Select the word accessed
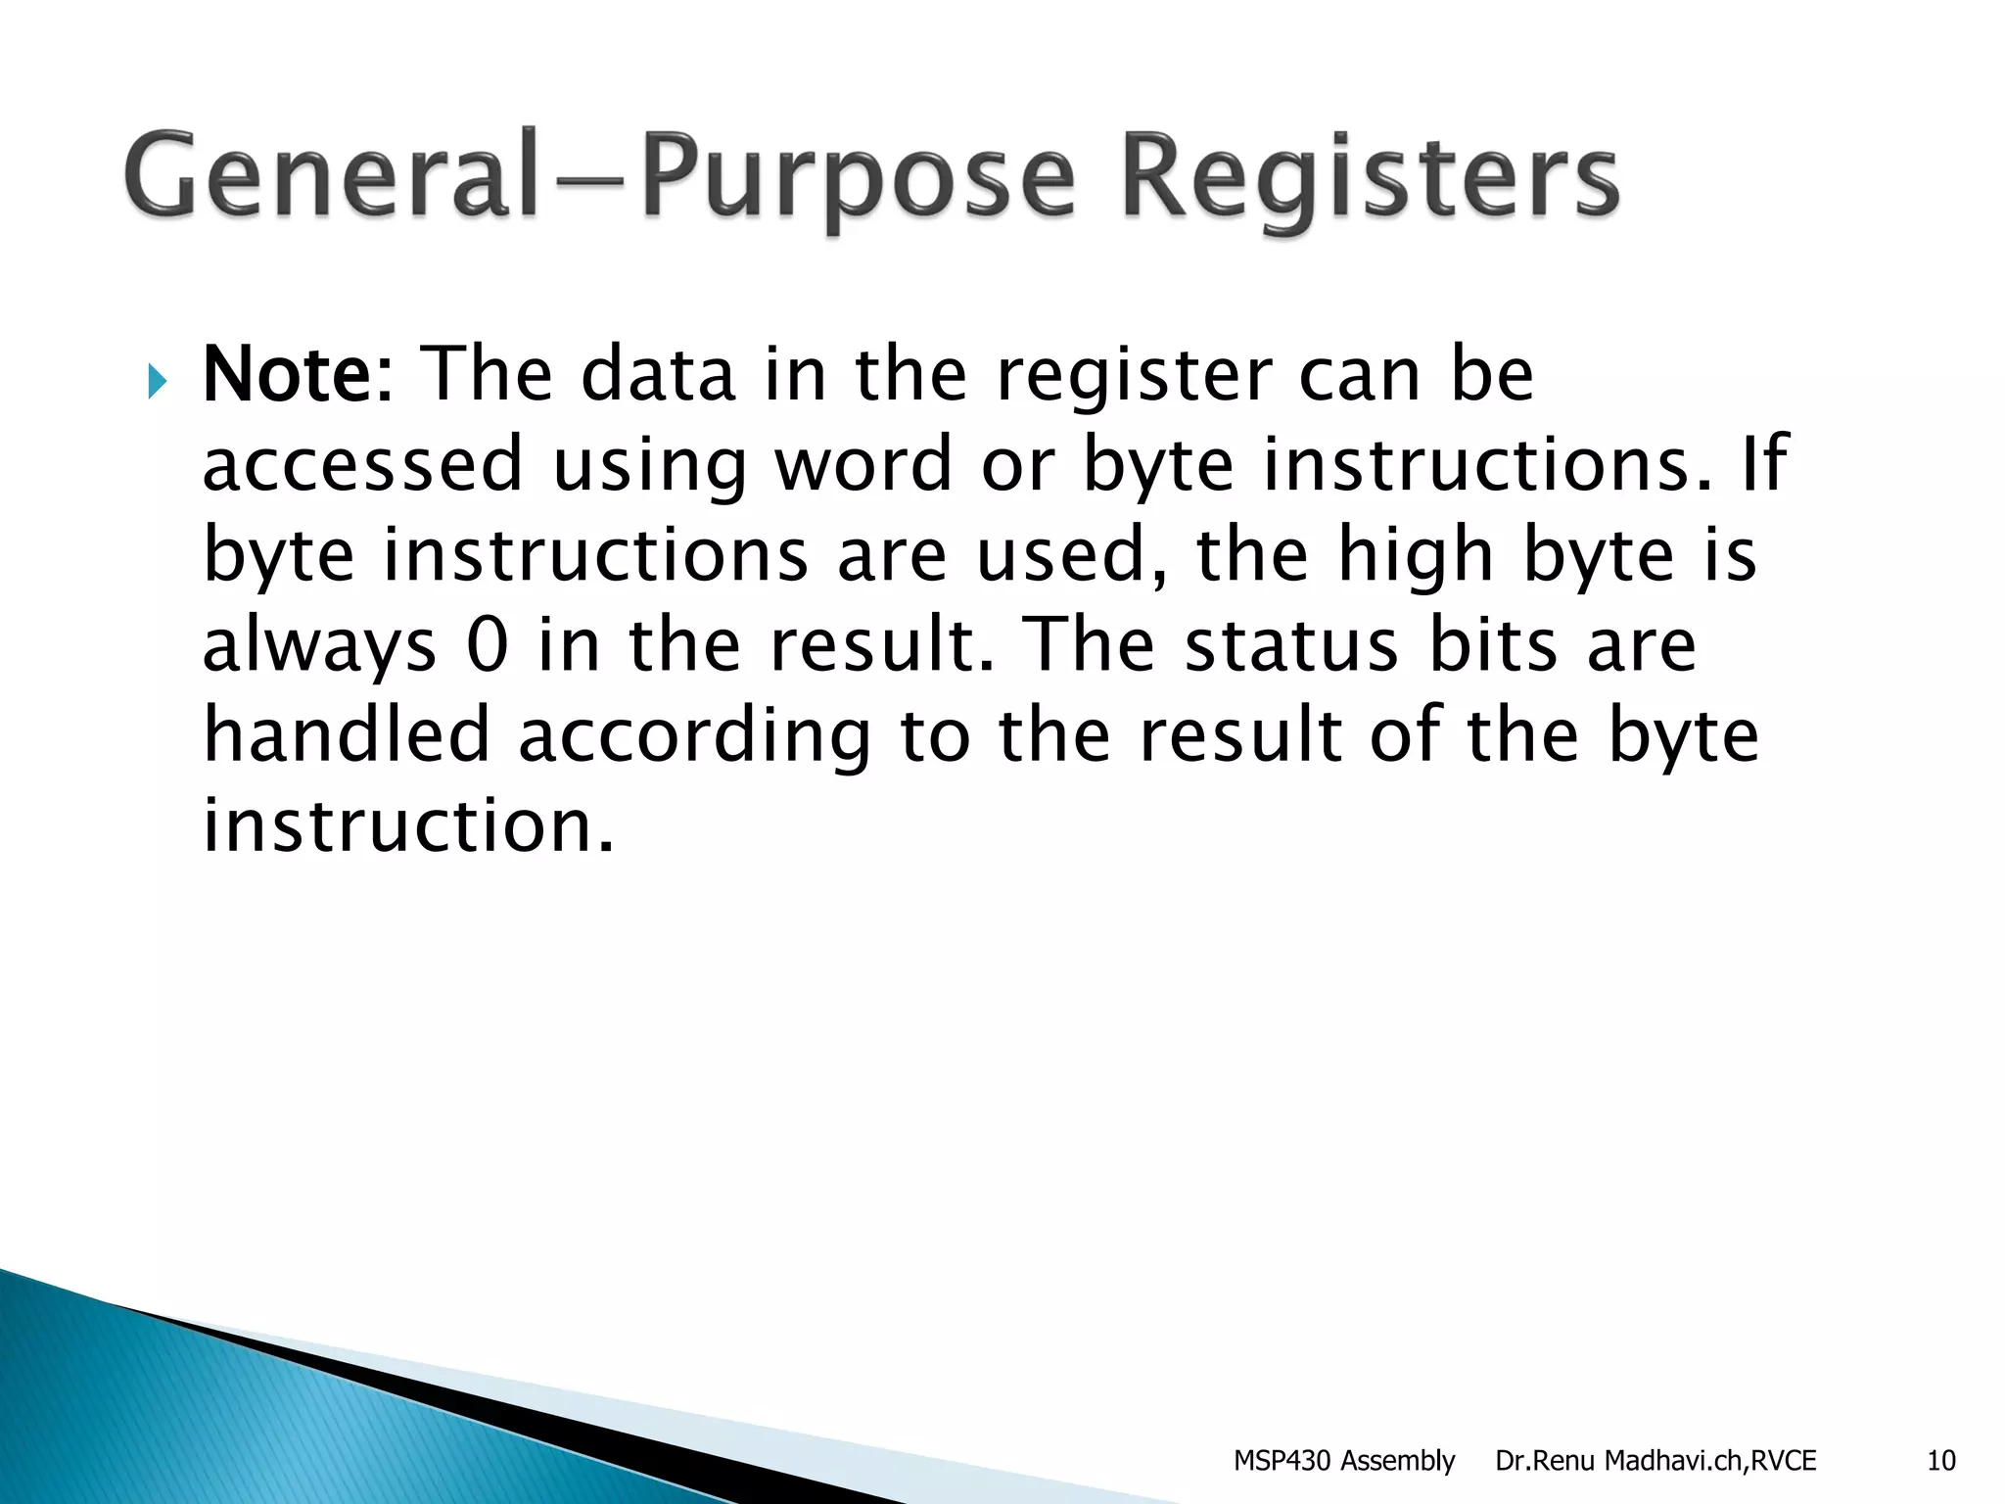tap(363, 465)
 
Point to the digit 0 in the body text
tap(488, 646)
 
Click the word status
tap(1291, 646)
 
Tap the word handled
tap(346, 735)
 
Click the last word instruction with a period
tap(408, 825)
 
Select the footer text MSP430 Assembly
tap(1343, 1461)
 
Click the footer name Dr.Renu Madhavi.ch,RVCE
tap(1655, 1461)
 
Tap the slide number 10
tap(1940, 1461)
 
